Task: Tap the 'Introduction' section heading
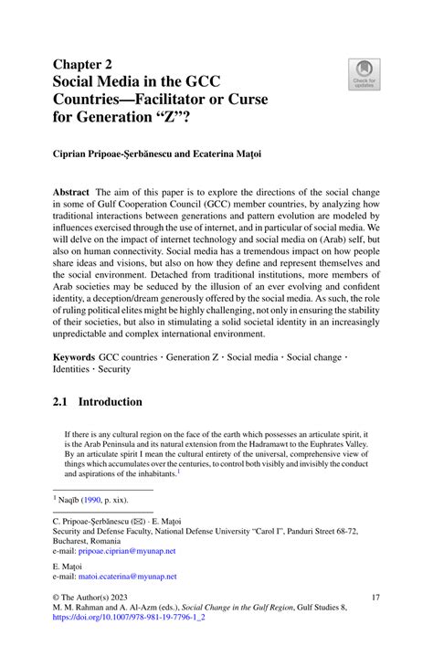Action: pos(110,401)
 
